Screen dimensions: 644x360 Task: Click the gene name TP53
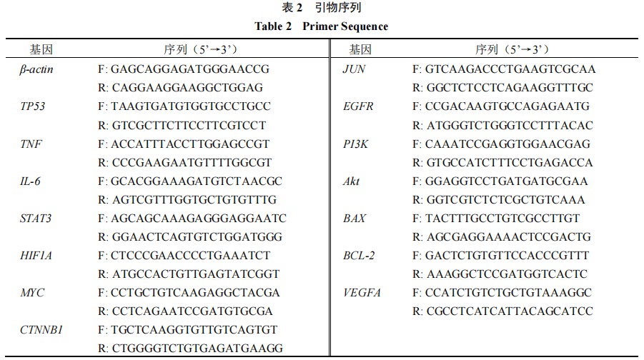[32, 106]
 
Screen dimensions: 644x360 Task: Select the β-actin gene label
[36, 69]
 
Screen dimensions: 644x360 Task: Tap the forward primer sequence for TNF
[184, 144]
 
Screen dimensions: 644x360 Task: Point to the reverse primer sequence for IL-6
[187, 200]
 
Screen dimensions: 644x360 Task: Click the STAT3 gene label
[36, 219]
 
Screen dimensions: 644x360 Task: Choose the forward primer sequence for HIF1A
[184, 256]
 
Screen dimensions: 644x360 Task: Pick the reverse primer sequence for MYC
[185, 311]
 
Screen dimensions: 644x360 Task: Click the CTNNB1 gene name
[41, 330]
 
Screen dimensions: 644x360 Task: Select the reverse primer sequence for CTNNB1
[191, 349]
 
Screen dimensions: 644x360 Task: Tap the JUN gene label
[354, 69]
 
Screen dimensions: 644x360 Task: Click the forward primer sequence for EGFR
[501, 106]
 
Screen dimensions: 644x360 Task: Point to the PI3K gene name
[356, 144]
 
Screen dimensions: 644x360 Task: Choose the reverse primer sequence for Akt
[499, 200]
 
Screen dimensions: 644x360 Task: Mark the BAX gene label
[355, 219]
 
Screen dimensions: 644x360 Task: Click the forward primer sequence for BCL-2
[500, 256]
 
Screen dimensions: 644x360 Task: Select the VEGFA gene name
[362, 293]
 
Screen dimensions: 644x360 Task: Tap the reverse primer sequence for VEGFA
[502, 311]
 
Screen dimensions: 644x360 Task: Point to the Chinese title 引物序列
[338, 7]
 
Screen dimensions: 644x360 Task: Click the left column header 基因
[41, 50]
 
